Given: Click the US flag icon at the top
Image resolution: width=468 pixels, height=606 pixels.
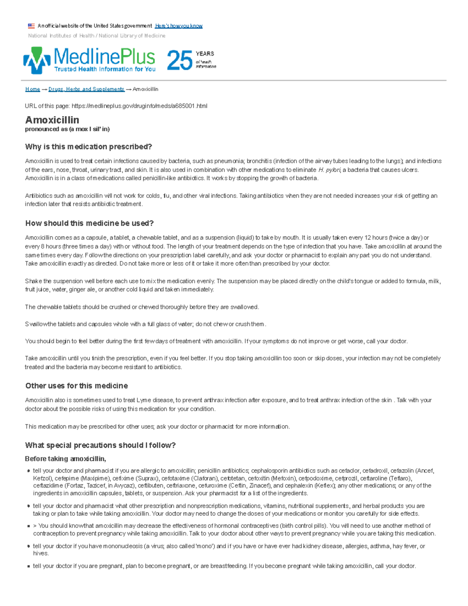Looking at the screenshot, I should (31, 26).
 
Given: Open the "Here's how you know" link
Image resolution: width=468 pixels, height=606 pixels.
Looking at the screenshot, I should (179, 26).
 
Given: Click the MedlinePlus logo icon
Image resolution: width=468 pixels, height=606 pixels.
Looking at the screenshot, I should (37, 60).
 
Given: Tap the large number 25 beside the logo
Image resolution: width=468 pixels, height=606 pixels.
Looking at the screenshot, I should (180, 61).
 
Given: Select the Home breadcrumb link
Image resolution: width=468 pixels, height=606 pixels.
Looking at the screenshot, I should (32, 89).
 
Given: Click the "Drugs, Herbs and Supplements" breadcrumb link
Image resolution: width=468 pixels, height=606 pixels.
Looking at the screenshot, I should (86, 89).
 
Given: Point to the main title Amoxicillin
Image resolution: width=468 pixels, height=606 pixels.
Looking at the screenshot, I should (52, 120).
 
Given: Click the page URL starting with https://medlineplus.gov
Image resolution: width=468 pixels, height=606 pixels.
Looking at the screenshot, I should (140, 106).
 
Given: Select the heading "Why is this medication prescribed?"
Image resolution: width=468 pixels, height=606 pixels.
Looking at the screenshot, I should (88, 147).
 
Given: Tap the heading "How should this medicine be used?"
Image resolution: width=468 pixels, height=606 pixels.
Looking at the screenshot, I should (89, 223).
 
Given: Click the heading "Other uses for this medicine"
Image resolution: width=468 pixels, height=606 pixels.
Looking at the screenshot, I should (76, 386).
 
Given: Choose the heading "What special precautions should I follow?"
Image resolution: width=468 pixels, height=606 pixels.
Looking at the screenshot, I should (100, 445).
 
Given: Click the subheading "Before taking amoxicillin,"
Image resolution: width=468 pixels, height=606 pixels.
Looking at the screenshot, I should (65, 458).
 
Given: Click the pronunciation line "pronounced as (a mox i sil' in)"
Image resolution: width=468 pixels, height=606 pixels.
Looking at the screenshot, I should (67, 129).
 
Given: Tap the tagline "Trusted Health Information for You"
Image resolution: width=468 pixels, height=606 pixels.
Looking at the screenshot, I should (105, 69).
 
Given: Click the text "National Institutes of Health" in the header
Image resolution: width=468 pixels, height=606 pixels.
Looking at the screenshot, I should (61, 36).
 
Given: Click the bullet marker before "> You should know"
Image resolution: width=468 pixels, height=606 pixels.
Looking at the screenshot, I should (28, 526).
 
